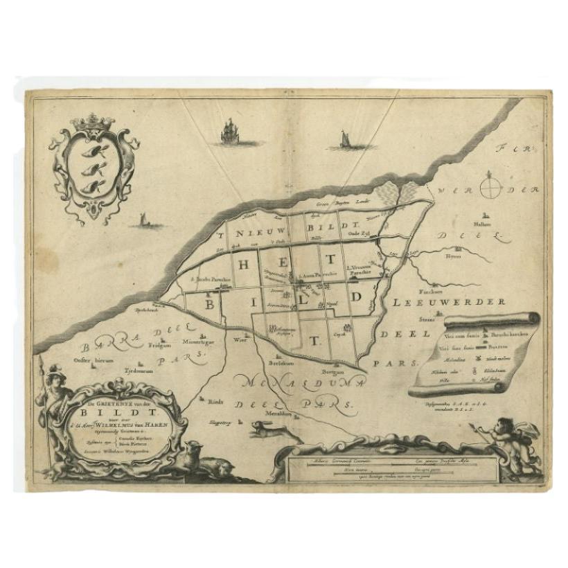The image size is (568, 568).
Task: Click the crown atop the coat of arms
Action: [92, 123]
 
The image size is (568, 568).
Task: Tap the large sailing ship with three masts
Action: [229, 132]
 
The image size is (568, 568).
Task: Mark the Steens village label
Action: [425, 319]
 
